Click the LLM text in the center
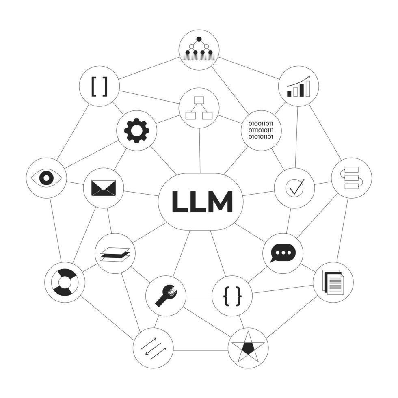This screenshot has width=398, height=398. coord(202,201)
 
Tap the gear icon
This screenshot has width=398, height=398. coord(136,130)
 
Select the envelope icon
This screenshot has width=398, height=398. coord(103,188)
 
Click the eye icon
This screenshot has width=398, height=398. coord(46,178)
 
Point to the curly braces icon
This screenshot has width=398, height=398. coord(232,296)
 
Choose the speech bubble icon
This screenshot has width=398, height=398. coord(283,253)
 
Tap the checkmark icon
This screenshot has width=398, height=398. coord(294,188)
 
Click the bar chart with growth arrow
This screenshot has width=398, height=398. coord(298,86)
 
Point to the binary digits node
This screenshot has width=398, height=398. coord(261,130)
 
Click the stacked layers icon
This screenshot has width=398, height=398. coord(115,254)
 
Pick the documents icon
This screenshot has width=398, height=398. coord(333,282)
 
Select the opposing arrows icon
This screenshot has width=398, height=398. coord(153,348)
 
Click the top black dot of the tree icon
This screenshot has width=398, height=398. coord(199,39)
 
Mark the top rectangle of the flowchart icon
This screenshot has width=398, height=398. coord(199,100)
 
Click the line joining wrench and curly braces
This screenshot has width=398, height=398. coord(199,296)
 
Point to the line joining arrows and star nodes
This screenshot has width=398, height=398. coord(201,351)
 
